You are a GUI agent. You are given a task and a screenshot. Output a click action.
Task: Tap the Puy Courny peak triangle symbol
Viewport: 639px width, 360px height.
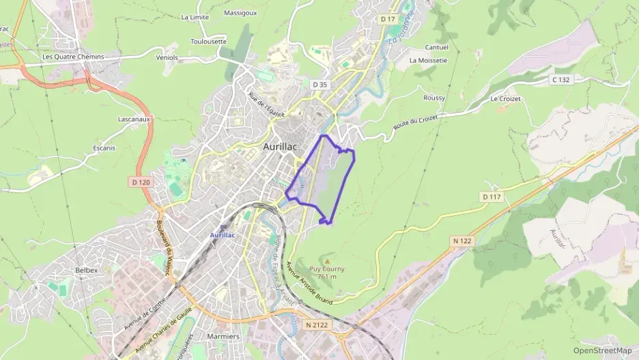327,261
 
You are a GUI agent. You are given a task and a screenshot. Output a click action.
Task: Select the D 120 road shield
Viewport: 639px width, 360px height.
140,182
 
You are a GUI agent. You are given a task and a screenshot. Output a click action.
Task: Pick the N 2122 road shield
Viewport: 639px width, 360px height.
317,325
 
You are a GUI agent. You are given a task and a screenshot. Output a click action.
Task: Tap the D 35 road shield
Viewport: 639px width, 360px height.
319,85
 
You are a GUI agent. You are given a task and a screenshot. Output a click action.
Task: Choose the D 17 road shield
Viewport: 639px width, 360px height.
388,19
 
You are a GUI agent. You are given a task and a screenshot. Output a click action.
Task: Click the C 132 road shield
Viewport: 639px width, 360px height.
560,80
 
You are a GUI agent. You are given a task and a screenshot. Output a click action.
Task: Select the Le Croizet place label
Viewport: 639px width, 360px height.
505,99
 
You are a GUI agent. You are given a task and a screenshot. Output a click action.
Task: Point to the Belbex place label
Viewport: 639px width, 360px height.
87,270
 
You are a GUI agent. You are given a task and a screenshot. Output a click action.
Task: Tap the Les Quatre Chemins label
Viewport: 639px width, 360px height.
73,57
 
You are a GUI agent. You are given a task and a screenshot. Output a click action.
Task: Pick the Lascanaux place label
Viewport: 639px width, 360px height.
133,119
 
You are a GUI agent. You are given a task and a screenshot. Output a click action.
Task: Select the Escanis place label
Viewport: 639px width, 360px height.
104,148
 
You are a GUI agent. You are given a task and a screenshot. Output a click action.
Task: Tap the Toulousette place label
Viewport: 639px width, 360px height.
208,41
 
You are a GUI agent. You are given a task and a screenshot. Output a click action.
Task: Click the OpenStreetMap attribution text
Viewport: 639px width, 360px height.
603,350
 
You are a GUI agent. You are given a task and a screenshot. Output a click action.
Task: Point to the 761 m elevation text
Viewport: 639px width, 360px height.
327,276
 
